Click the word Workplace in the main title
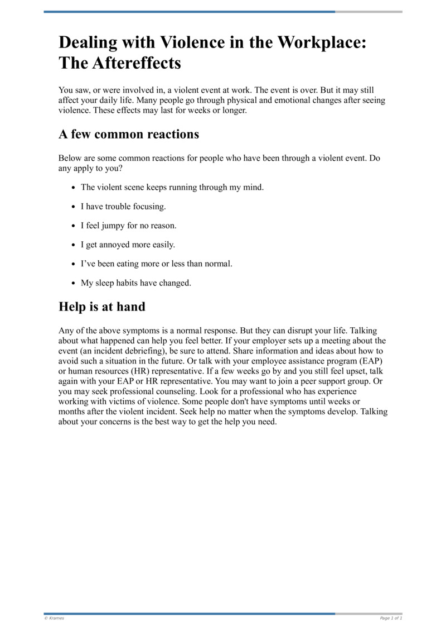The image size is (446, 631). [321, 42]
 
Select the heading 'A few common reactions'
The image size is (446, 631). [129, 135]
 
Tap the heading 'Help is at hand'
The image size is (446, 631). [102, 307]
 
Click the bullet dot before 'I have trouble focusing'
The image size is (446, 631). [74, 207]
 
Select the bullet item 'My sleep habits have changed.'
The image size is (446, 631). [136, 283]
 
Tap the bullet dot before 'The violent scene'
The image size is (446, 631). [74, 188]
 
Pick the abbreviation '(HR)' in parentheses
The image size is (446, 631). [142, 371]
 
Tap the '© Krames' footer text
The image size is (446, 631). [54, 618]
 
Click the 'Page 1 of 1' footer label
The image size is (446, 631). [391, 618]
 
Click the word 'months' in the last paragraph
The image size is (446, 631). [72, 412]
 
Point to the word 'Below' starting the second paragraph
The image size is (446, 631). [70, 158]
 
